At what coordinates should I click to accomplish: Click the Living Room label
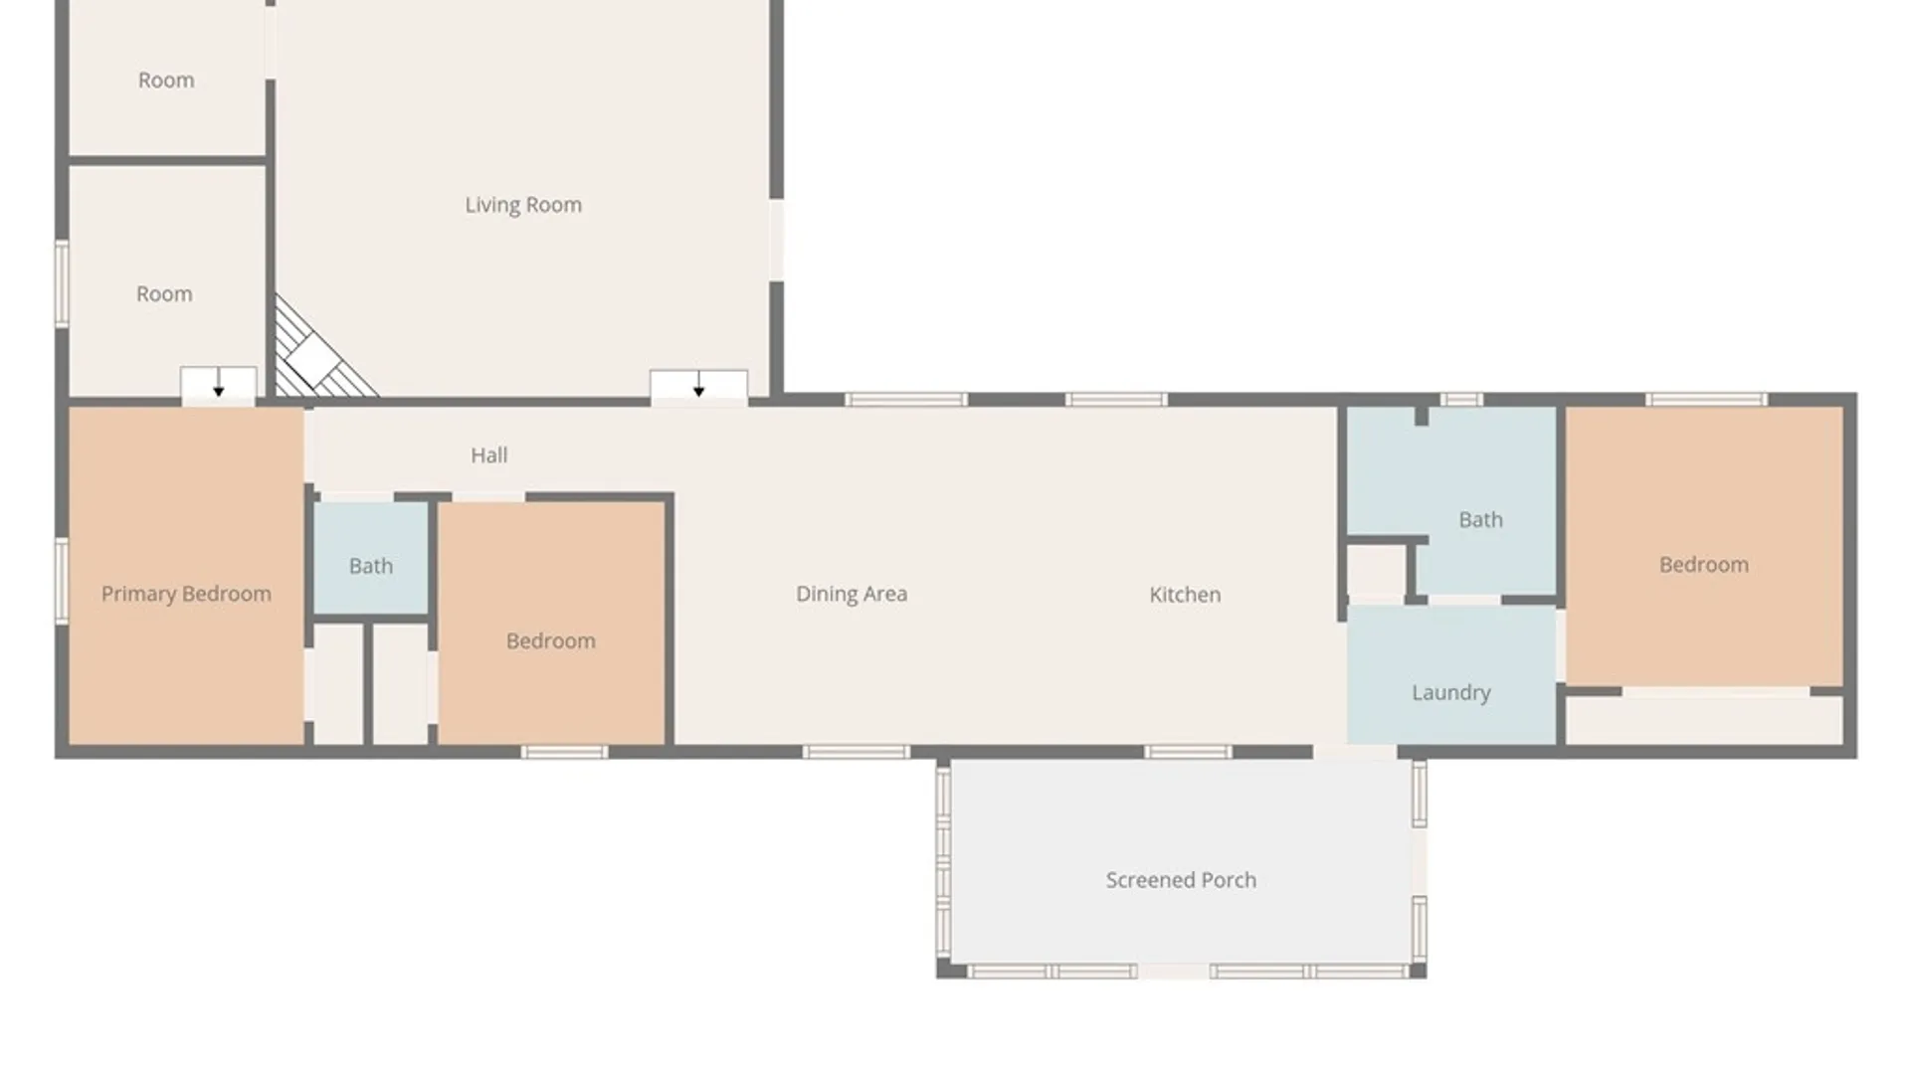(523, 205)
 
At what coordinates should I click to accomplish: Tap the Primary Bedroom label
(186, 594)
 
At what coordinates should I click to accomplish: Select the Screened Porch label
(1181, 880)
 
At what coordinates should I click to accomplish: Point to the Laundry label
(1451, 693)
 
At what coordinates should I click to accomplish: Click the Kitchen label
(1185, 595)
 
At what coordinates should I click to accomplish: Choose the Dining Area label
(852, 594)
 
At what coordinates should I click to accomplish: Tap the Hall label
(489, 455)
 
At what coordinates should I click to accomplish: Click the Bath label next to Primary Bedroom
(371, 566)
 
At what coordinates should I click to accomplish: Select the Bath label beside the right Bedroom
(1480, 519)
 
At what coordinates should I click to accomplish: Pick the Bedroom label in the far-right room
(1704, 565)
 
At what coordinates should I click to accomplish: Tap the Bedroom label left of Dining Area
(551, 641)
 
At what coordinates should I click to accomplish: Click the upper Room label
(166, 81)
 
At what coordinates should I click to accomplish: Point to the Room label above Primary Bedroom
(164, 294)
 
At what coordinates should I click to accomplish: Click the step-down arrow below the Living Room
(699, 384)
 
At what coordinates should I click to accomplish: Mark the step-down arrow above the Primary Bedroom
(219, 383)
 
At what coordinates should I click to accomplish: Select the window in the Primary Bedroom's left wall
(62, 581)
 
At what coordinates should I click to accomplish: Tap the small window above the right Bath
(1461, 400)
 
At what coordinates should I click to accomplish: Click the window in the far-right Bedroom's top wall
(1707, 400)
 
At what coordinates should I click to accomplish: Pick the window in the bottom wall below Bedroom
(564, 752)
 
